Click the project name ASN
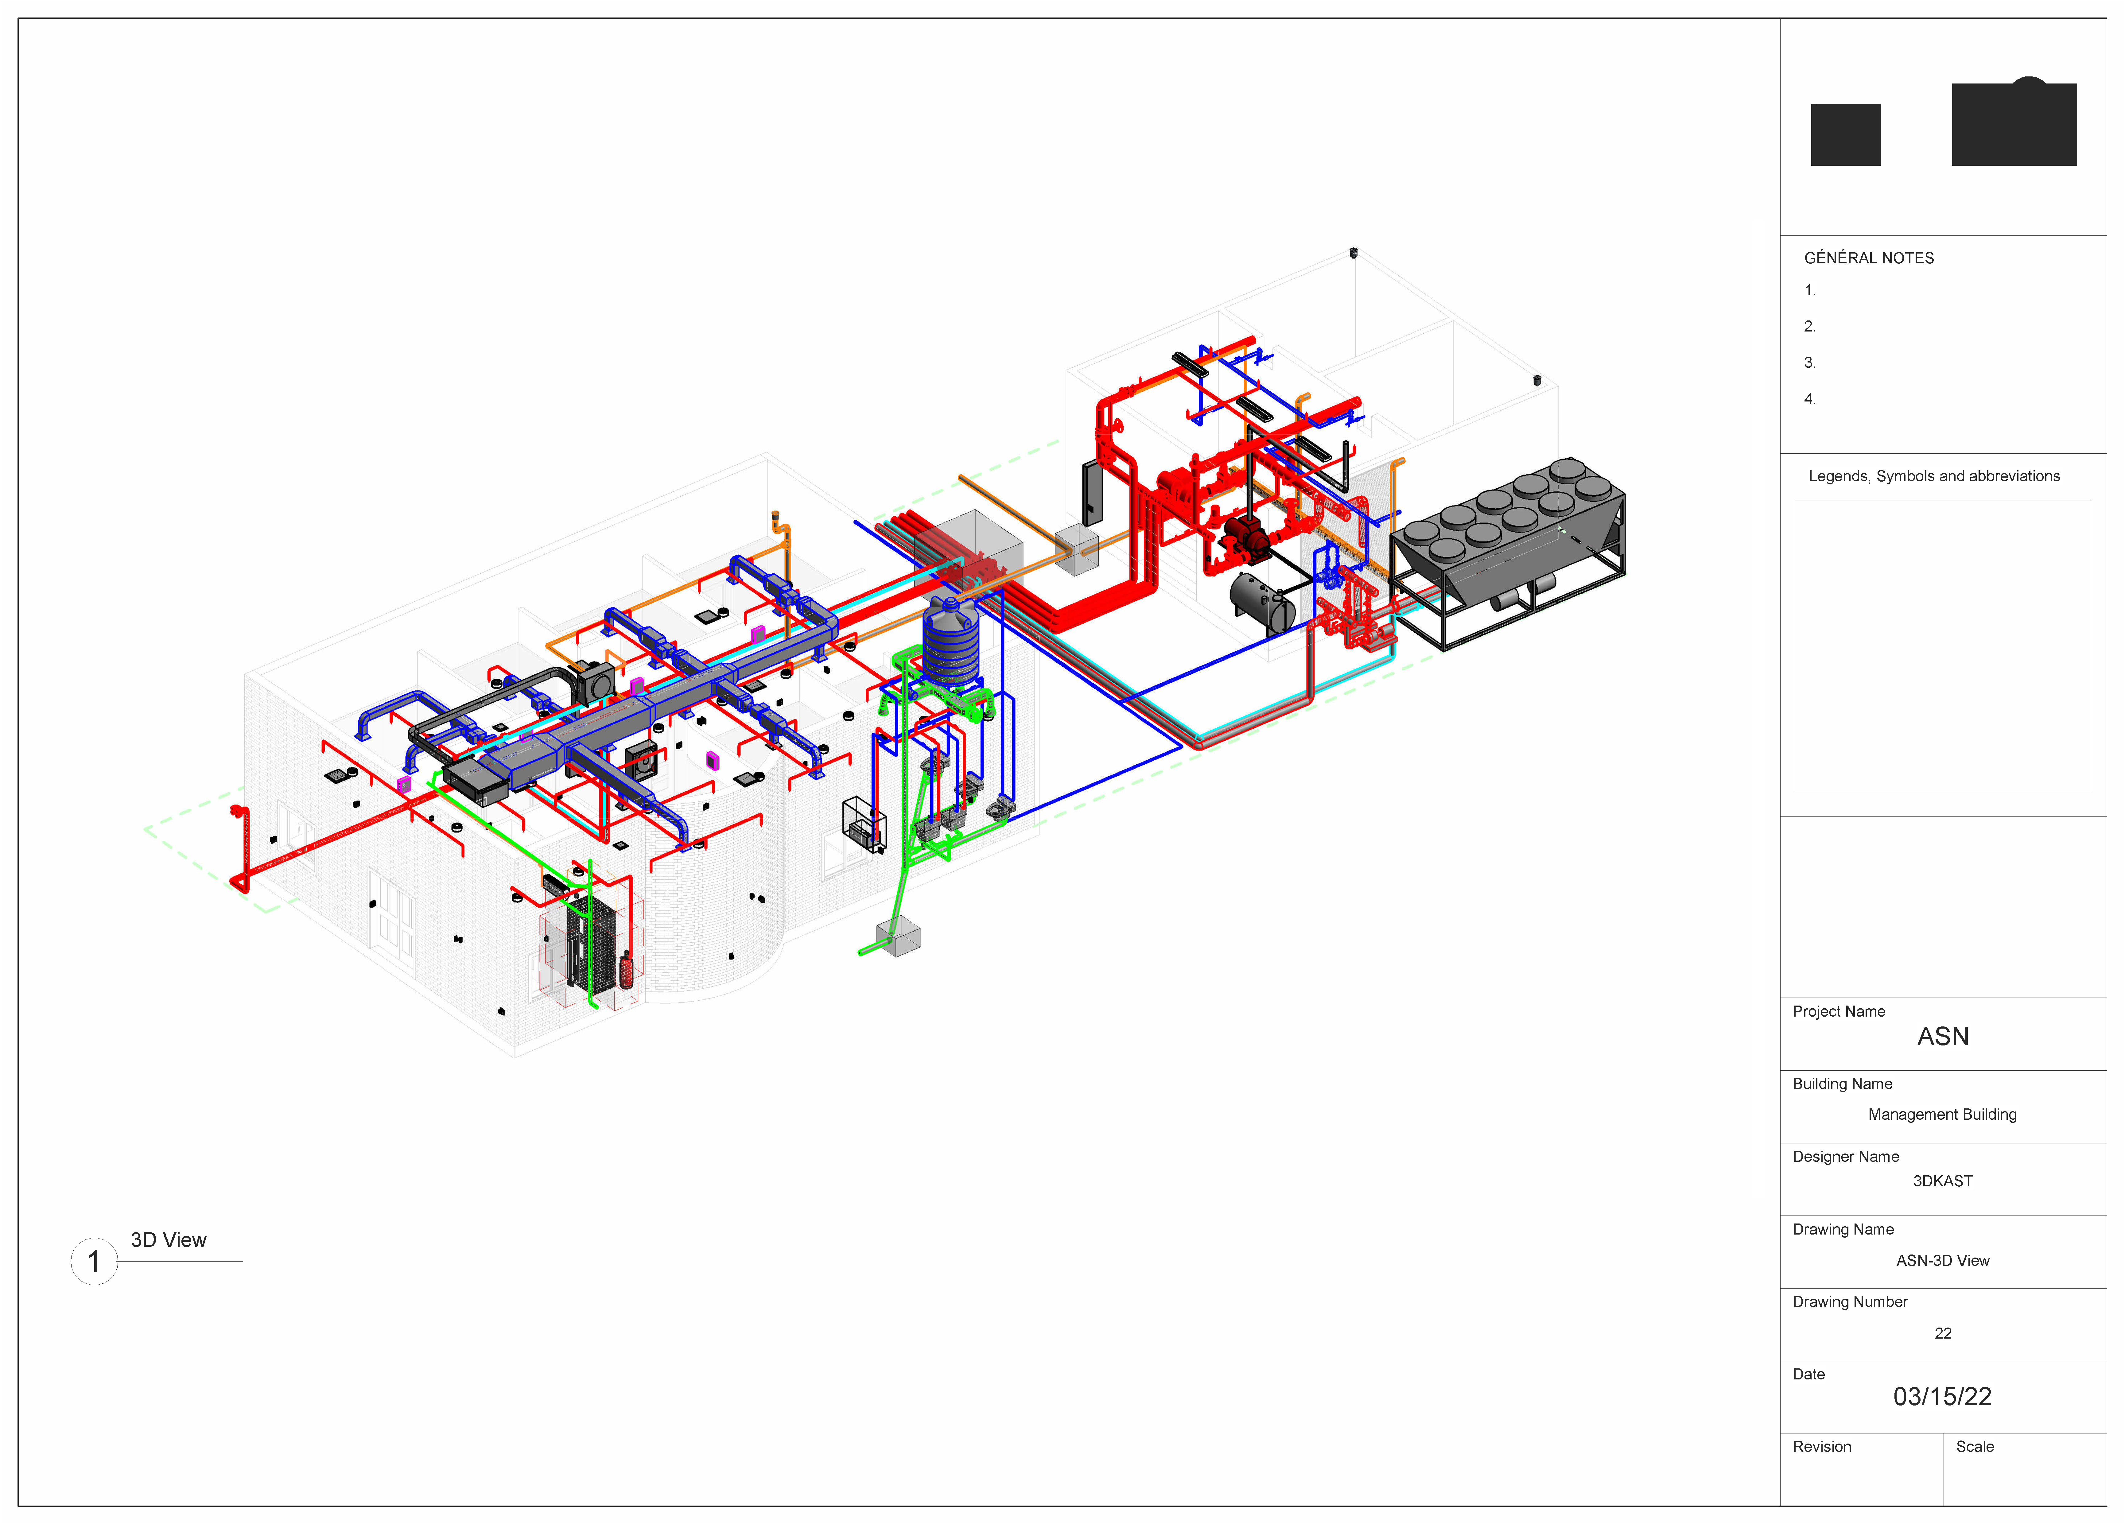(x=1942, y=1036)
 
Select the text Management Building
(x=1942, y=1114)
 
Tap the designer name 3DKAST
(x=1942, y=1181)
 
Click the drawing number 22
(x=1942, y=1333)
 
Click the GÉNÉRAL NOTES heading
(x=1868, y=258)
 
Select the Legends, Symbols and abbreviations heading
(x=1934, y=476)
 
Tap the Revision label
(x=1821, y=1446)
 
